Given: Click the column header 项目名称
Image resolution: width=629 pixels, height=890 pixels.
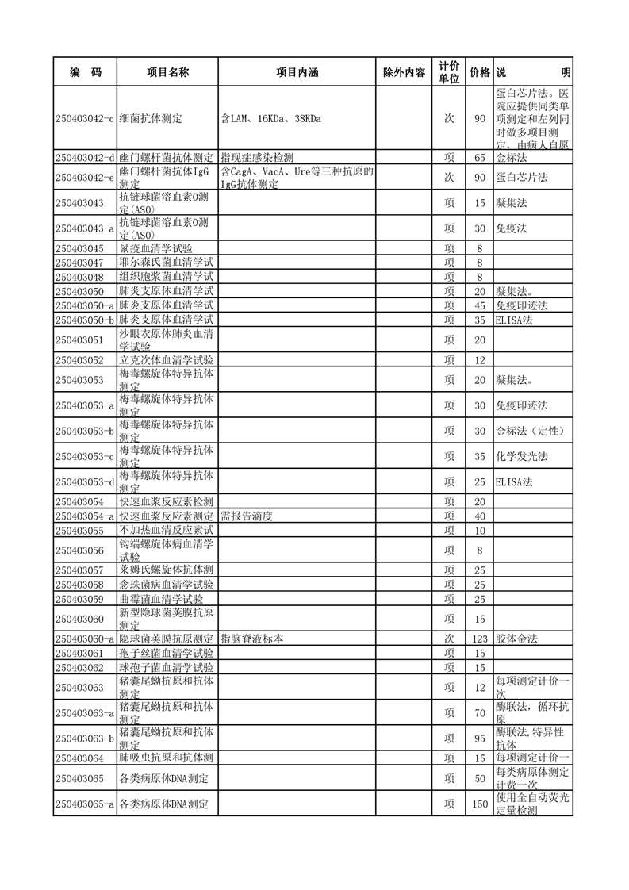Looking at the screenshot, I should coord(167,72).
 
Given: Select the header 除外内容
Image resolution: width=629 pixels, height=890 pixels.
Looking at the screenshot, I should coord(404,72).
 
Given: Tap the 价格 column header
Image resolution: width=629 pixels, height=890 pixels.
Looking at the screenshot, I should coord(479,72).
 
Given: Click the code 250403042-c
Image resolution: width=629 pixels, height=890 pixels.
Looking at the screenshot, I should coord(86,118).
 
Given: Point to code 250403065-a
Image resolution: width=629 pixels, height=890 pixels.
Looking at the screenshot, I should coord(86,804).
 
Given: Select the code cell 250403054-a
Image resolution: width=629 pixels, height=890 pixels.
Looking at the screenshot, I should coord(86,516).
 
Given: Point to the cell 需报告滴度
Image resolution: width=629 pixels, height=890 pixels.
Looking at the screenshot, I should coord(247,516).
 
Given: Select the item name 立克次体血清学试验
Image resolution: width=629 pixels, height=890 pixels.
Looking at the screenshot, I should coord(166,360).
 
